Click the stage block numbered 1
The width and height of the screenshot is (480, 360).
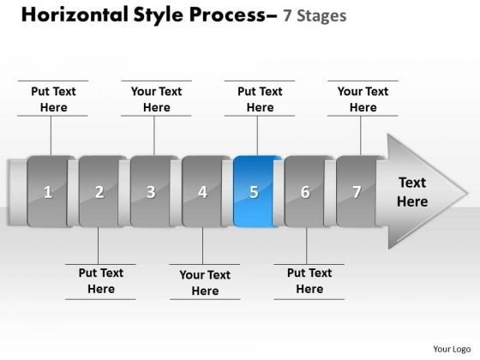click(x=49, y=191)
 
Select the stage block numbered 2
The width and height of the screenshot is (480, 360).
click(x=100, y=191)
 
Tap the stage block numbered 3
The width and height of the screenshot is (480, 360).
click(x=152, y=191)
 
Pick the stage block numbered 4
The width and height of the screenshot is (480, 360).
click(x=203, y=191)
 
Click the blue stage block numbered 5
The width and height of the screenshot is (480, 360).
click(x=255, y=191)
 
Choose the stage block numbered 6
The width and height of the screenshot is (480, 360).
click(x=306, y=191)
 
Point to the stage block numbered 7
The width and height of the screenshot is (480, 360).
click(x=357, y=191)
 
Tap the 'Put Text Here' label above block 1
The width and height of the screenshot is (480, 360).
click(x=53, y=99)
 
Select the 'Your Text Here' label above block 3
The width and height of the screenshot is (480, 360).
click(x=156, y=99)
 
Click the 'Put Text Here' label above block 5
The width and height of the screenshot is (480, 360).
click(x=260, y=99)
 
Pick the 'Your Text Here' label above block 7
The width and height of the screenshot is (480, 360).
click(x=363, y=99)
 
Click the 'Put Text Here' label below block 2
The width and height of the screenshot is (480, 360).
click(x=101, y=281)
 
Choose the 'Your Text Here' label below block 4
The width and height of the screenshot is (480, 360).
click(x=205, y=283)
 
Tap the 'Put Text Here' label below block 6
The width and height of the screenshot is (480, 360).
click(x=309, y=281)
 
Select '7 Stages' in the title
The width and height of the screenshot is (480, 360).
click(x=316, y=17)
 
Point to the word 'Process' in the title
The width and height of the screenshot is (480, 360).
click(x=230, y=16)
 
